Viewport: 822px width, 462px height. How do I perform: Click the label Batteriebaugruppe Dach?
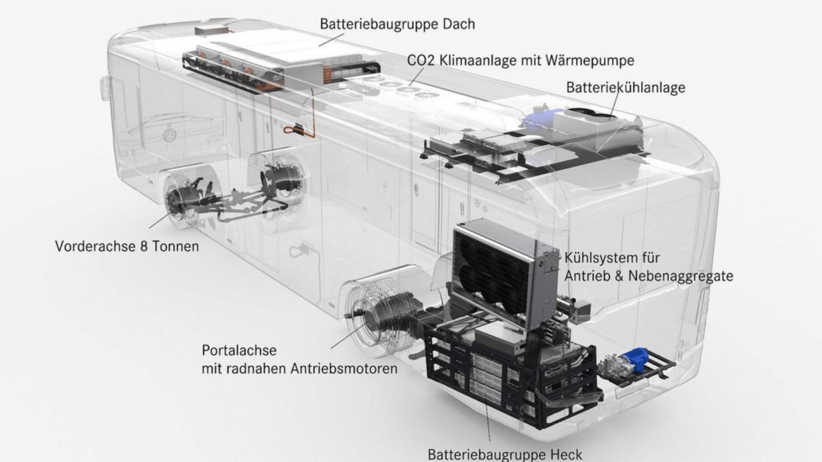(397, 24)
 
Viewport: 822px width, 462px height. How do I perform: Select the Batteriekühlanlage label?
(625, 87)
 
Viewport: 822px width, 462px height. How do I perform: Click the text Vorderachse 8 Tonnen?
(127, 246)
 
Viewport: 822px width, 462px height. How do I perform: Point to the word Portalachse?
(239, 350)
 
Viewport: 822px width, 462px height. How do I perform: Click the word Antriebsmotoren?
(344, 368)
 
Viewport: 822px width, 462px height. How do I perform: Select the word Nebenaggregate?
(681, 276)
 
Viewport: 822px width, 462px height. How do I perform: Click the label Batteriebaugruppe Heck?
(505, 454)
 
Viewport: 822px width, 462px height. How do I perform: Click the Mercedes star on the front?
(170, 135)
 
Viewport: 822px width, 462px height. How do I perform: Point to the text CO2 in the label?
(420, 60)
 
